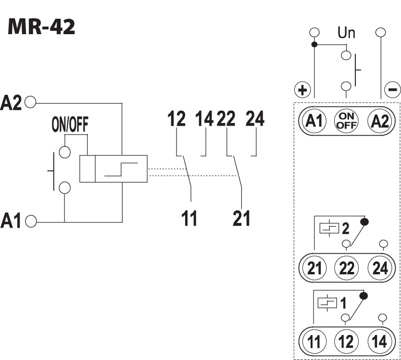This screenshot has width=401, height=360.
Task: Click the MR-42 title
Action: tap(41, 27)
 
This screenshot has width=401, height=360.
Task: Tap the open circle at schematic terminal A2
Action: tap(31, 102)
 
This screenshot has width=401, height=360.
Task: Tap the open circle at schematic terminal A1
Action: tap(31, 221)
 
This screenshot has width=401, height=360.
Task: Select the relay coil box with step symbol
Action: tap(113, 168)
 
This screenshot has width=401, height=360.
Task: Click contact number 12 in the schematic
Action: tap(177, 119)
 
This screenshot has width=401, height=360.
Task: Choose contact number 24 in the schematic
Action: tap(255, 119)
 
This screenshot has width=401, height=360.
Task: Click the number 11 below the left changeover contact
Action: tap(189, 219)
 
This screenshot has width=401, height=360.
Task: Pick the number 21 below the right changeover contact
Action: tap(241, 219)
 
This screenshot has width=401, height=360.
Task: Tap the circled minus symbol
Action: tap(393, 90)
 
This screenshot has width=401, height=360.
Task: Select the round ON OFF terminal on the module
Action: tap(346, 120)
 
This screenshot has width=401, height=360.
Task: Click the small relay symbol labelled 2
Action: tap(328, 228)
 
